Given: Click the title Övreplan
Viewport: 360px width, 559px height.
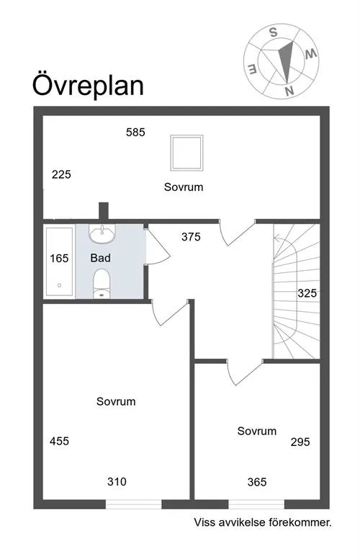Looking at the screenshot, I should (88, 85).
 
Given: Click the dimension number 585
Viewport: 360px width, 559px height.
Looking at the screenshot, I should (135, 132).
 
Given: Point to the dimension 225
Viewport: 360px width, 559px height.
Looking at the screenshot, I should (61, 174).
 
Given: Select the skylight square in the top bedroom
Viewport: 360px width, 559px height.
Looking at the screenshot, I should (185, 151).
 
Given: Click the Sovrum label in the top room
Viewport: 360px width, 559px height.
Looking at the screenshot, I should (184, 187).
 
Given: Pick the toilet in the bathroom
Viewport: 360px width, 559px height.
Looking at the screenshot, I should (102, 282).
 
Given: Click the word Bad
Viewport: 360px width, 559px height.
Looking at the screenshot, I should (100, 257).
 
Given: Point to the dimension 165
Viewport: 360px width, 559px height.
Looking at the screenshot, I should (59, 258).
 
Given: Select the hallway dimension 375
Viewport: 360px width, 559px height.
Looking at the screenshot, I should (191, 236).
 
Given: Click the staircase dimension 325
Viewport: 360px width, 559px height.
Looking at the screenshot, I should (307, 294).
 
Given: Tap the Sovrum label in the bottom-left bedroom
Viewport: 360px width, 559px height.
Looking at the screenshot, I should (116, 401).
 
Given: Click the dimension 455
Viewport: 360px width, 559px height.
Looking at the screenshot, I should (59, 441).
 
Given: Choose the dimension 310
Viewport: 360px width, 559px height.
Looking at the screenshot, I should (117, 482).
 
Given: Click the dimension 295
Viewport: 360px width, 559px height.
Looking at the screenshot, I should (300, 442).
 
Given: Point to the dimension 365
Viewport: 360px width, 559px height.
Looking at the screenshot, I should (257, 482).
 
